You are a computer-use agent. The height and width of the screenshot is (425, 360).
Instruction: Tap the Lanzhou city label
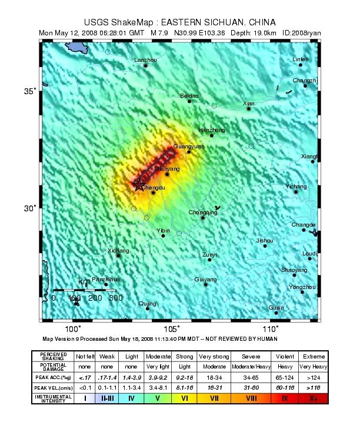click(x=145, y=60)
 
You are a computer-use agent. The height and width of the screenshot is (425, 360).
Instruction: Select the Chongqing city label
click(x=203, y=213)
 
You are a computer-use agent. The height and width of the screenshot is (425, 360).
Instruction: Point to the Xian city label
click(x=249, y=103)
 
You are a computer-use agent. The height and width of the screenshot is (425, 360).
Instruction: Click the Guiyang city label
click(x=205, y=279)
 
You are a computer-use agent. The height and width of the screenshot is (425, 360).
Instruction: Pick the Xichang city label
click(x=118, y=250)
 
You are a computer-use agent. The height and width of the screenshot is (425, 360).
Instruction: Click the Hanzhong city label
click(x=212, y=130)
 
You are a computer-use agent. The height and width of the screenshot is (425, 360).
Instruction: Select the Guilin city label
click(x=276, y=307)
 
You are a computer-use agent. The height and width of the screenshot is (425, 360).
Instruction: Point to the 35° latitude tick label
click(x=30, y=91)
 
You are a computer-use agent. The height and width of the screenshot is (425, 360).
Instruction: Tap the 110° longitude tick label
click(x=271, y=329)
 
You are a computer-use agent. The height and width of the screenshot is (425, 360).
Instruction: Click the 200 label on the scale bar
click(x=95, y=298)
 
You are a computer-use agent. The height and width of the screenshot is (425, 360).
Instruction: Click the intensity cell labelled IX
click(x=285, y=399)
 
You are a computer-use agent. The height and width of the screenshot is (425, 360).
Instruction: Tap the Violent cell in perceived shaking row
click(x=285, y=357)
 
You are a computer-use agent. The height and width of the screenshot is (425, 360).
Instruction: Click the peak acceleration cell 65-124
click(x=285, y=377)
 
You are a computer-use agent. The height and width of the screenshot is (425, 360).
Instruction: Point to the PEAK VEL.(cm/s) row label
click(x=53, y=387)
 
